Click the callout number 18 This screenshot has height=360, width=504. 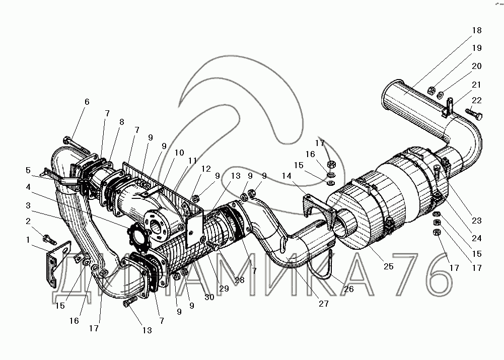pyautogui.click(x=477, y=30)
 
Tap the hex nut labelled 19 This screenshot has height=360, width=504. pyautogui.click(x=431, y=90)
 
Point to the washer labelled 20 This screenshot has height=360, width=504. pyautogui.click(x=441, y=94)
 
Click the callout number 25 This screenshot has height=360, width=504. pyautogui.click(x=388, y=266)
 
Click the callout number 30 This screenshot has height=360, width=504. pyautogui.click(x=209, y=298)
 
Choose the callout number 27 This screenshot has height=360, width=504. pyautogui.click(x=323, y=304)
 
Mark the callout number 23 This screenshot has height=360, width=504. pyautogui.click(x=476, y=221)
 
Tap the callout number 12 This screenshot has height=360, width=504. pyautogui.click(x=206, y=169)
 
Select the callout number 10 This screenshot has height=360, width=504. pyautogui.click(x=179, y=153)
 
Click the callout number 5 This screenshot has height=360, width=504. pyautogui.click(x=28, y=170)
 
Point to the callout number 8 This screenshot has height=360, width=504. pyautogui.click(x=121, y=122)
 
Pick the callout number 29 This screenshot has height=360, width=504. pyautogui.click(x=224, y=289)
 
